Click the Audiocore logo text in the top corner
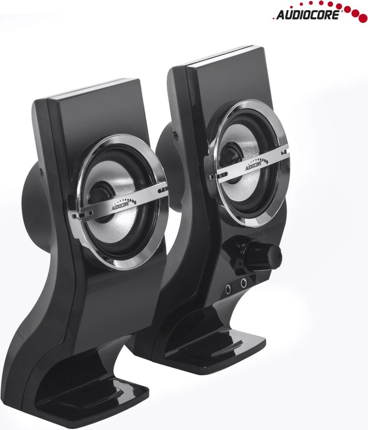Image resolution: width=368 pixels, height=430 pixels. pyautogui.click(x=307, y=15)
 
